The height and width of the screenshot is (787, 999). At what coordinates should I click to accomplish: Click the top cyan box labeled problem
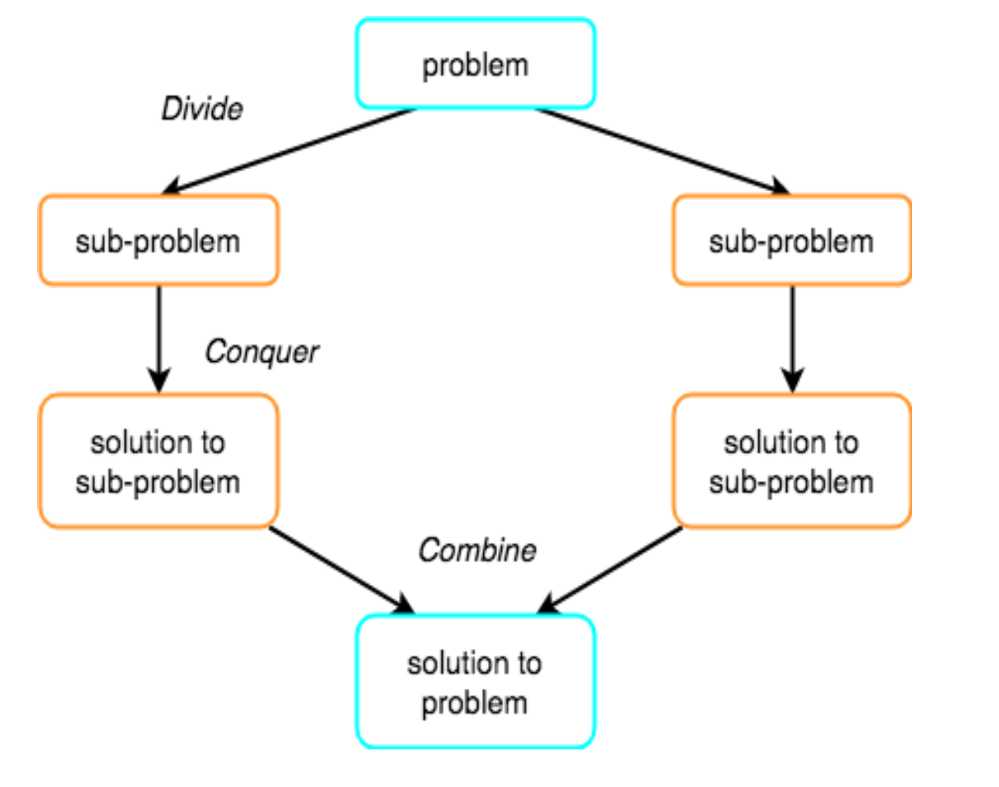click(475, 64)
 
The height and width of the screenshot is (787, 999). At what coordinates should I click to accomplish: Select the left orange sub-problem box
click(158, 241)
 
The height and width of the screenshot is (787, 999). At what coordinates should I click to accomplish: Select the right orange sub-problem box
click(792, 241)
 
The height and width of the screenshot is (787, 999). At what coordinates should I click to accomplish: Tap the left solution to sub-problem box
click(158, 461)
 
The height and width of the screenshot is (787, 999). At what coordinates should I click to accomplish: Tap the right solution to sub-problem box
click(792, 461)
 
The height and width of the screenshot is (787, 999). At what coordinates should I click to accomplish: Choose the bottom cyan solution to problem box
click(475, 682)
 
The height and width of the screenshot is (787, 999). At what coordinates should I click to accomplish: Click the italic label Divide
click(202, 109)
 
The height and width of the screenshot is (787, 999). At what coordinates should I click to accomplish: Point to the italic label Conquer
click(261, 352)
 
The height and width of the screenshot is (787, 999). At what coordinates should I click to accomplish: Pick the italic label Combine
click(477, 550)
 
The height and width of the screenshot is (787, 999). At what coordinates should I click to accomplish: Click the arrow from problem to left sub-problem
click(288, 151)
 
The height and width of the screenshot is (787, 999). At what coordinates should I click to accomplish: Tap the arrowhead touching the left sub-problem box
click(171, 187)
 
